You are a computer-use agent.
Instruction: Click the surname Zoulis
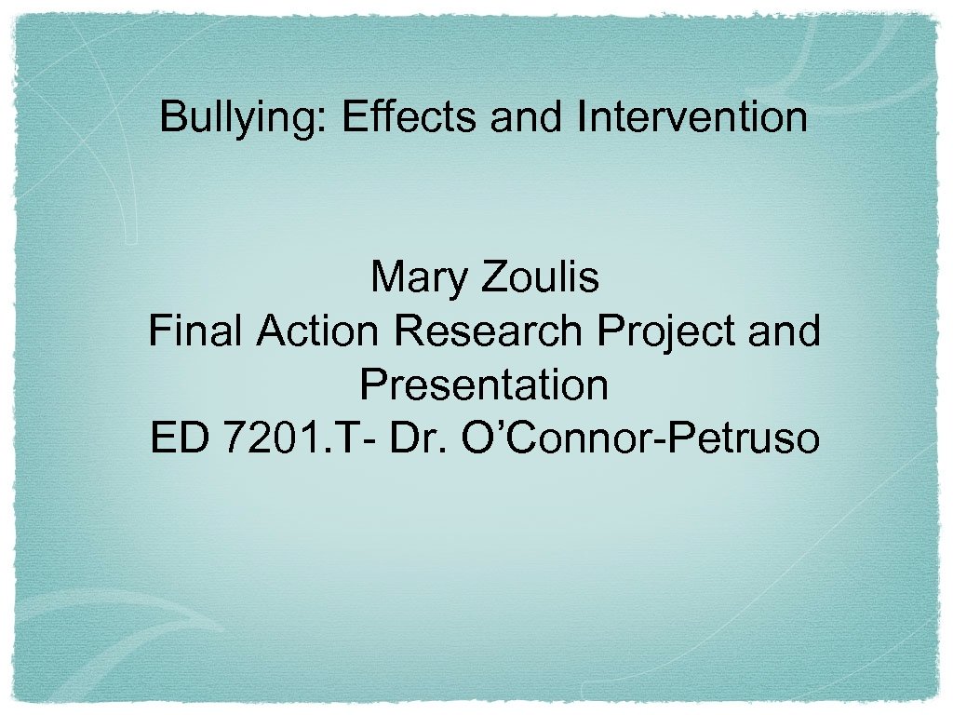pos(540,277)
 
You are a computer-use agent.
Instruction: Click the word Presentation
pos(484,384)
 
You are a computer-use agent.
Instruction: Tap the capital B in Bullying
pos(172,118)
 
